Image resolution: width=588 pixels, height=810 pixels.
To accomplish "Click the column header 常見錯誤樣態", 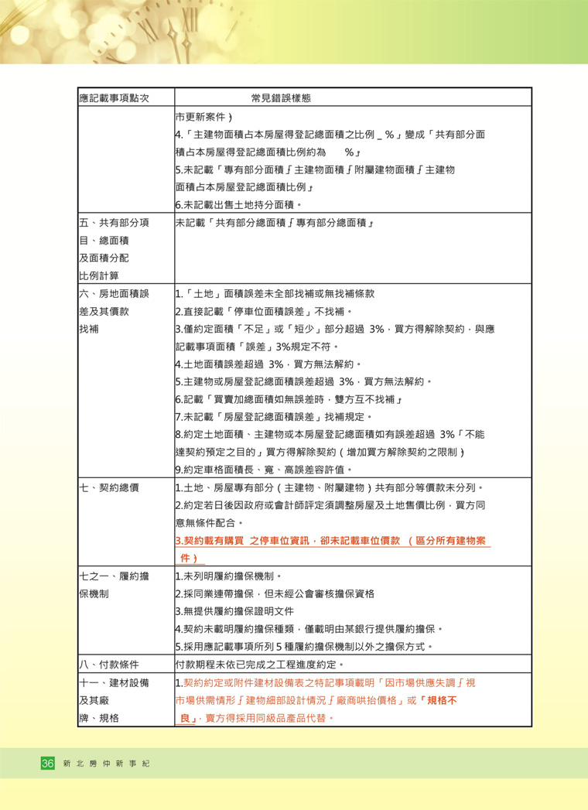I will [x=281, y=98].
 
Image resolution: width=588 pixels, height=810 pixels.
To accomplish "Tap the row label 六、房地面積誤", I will [x=114, y=294].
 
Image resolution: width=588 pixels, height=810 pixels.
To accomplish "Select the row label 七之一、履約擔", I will [x=114, y=576].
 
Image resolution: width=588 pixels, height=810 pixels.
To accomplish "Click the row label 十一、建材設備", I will [x=114, y=682].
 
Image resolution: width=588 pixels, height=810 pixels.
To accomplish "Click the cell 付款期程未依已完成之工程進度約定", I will [x=259, y=664].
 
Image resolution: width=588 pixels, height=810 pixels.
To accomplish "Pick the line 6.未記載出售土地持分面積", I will [x=238, y=205].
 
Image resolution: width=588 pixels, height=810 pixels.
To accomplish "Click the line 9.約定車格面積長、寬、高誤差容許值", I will [x=264, y=470].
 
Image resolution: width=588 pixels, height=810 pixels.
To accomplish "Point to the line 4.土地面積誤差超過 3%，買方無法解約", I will [x=268, y=364].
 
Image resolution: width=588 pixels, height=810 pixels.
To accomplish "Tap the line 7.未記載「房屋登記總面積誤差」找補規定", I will [x=274, y=417].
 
